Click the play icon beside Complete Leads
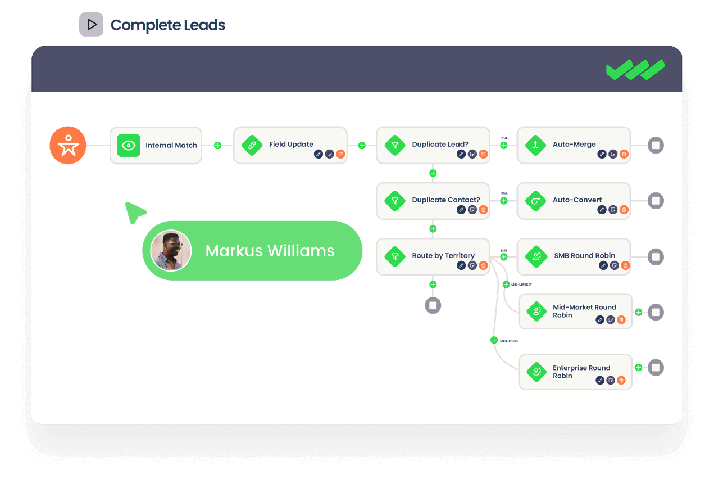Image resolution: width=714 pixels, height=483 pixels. [91, 25]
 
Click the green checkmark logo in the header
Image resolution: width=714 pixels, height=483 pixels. [635, 70]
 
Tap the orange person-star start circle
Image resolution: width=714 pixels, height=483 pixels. [68, 145]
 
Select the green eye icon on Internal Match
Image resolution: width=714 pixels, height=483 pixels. [129, 145]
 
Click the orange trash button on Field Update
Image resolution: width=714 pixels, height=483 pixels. [340, 154]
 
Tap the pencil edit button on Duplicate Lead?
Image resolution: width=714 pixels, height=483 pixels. [461, 154]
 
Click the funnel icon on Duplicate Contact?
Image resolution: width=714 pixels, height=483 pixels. [395, 201]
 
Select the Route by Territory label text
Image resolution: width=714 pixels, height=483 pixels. [443, 256]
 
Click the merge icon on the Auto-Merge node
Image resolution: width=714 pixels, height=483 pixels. [536, 145]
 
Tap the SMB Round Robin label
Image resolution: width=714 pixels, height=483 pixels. [584, 256]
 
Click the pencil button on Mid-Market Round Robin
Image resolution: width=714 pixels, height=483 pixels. [600, 320]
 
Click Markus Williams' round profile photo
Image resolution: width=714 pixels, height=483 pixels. [171, 251]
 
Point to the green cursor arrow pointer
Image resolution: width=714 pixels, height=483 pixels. [134, 212]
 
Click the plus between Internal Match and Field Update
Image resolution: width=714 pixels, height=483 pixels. [217, 146]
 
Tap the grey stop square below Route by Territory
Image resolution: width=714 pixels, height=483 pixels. [433, 305]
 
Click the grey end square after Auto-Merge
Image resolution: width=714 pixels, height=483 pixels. [656, 146]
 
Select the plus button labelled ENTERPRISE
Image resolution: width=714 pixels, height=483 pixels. [494, 340]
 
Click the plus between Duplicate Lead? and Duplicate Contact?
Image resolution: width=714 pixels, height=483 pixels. [433, 173]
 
